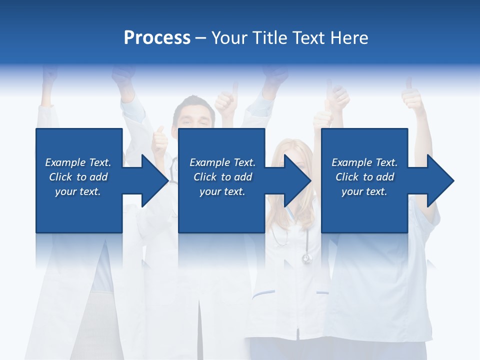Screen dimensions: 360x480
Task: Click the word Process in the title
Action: tap(157, 38)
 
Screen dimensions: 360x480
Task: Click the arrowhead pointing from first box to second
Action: tap(154, 180)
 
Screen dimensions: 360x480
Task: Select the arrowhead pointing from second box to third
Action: tap(297, 180)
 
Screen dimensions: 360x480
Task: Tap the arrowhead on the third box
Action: tap(440, 180)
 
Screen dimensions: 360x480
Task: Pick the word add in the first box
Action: tap(99, 177)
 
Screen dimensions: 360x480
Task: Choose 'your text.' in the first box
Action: tap(78, 191)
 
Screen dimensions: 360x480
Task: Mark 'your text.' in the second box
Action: tap(222, 191)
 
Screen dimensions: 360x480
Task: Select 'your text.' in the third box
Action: tap(364, 191)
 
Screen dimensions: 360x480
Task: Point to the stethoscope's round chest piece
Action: tap(306, 258)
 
